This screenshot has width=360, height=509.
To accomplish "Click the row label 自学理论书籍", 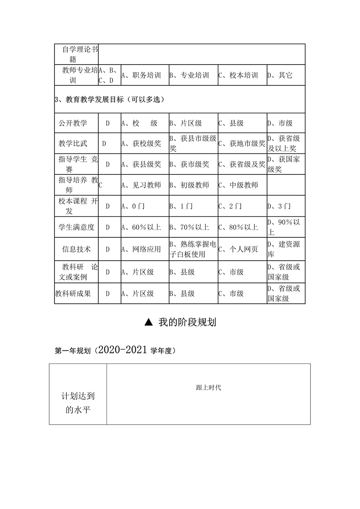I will (x=76, y=54).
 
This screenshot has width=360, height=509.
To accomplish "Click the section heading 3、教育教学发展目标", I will (x=109, y=99).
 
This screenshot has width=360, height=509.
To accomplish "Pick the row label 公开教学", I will (x=73, y=123).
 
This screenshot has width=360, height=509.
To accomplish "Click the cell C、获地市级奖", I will (x=242, y=143).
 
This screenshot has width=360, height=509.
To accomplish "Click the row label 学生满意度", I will (x=76, y=227).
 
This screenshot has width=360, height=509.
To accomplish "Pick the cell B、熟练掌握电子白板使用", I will (x=193, y=249).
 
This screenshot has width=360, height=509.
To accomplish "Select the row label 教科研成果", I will (x=73, y=293).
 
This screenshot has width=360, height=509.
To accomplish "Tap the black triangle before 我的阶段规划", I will (x=148, y=322).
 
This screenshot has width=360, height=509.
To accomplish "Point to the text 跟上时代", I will (x=208, y=387).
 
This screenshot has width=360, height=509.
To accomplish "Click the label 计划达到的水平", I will (x=78, y=402).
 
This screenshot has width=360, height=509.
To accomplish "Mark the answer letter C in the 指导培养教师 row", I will (x=100, y=185).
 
